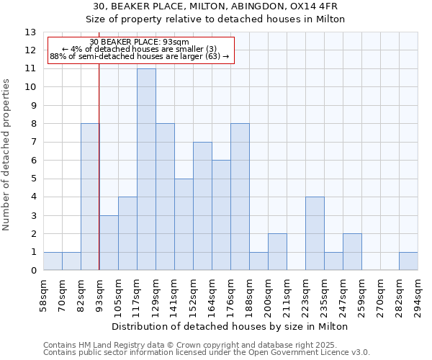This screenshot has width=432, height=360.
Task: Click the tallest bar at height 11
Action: pyautogui.click(x=146, y=169)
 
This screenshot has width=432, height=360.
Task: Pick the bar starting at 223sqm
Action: pyautogui.click(x=315, y=233)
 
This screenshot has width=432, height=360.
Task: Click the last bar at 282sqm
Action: pyautogui.click(x=408, y=261)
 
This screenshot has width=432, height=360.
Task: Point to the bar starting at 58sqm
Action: pyautogui.click(x=53, y=261)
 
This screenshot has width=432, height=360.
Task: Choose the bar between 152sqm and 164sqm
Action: pyautogui.click(x=202, y=206)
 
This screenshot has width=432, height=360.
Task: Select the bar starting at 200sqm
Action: pyautogui.click(x=277, y=252)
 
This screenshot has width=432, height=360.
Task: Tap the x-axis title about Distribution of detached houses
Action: pyautogui.click(x=230, y=326)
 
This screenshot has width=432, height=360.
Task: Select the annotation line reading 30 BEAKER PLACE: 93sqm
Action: pyautogui.click(x=140, y=42)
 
